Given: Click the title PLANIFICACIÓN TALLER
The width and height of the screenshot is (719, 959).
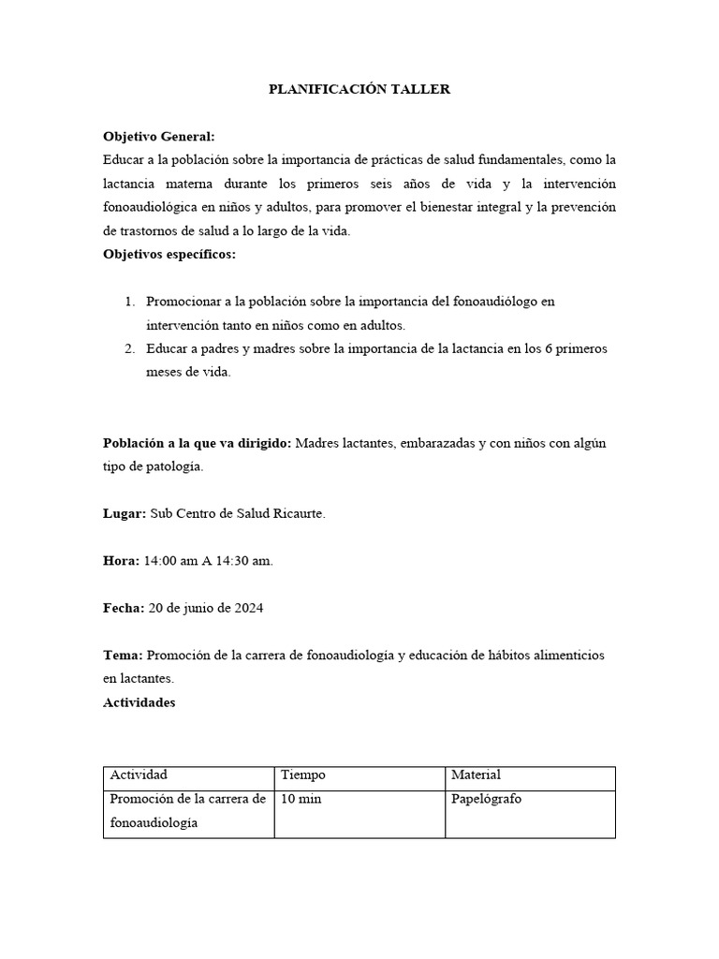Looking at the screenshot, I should (x=359, y=89).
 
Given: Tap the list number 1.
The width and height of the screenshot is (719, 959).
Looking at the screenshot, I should (x=129, y=302).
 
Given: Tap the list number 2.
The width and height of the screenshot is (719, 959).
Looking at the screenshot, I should (x=129, y=348).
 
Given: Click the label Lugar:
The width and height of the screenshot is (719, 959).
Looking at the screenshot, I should (x=124, y=514).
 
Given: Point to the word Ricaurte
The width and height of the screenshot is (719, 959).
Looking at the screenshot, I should (x=298, y=514).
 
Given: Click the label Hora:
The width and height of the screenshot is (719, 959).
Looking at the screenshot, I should (x=121, y=561).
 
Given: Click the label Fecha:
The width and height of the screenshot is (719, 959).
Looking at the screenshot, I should (x=124, y=608).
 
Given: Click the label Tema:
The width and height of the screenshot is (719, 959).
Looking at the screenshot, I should (x=123, y=655).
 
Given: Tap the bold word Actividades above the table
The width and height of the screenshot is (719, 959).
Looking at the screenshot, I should (x=139, y=702).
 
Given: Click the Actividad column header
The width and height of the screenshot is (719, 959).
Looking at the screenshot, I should (x=139, y=775).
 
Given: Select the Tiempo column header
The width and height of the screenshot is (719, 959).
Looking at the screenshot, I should (x=303, y=775).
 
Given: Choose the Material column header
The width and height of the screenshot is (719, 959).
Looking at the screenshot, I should (x=476, y=775).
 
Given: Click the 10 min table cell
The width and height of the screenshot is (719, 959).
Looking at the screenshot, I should (x=301, y=799).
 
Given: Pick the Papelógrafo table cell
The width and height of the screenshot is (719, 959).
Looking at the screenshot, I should (x=486, y=799).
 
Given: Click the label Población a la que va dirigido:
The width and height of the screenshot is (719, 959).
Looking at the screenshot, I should (x=198, y=443).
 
